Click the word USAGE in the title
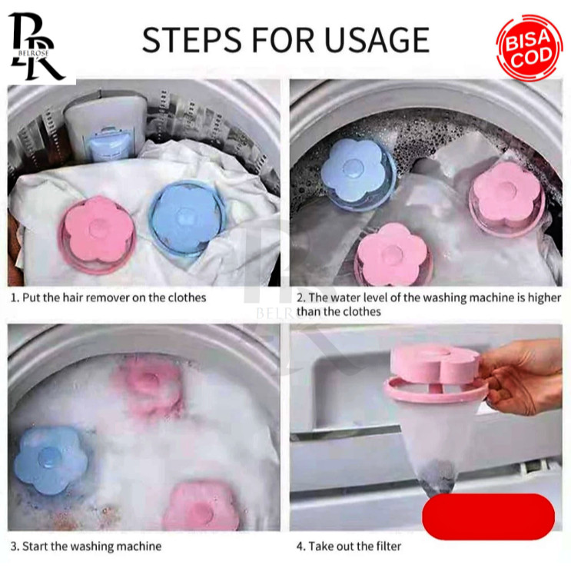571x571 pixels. click(x=377, y=39)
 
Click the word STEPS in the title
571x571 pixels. click(x=192, y=39)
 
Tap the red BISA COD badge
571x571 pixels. click(x=530, y=48)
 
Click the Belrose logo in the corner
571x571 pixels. click(x=35, y=47)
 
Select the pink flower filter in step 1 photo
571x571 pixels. click(x=98, y=234)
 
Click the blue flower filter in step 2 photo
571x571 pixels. click(x=357, y=174)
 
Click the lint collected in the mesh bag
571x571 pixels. click(x=439, y=477)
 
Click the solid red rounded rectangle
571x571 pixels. click(x=488, y=516)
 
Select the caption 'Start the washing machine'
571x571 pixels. click(x=91, y=546)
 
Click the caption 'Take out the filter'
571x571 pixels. click(x=355, y=546)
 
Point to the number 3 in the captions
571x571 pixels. click(x=14, y=546)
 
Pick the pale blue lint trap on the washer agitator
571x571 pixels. click(x=108, y=144)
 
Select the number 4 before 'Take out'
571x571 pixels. click(x=300, y=546)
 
